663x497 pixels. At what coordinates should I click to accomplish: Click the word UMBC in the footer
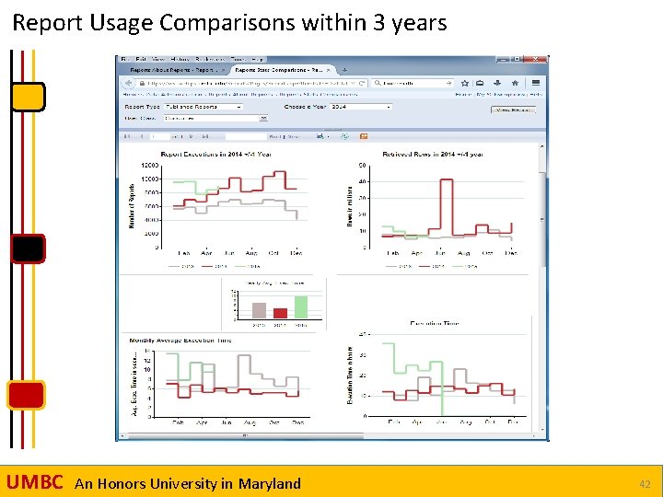click(34, 482)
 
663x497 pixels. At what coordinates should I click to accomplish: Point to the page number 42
click(645, 483)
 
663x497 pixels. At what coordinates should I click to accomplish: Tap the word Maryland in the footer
click(269, 483)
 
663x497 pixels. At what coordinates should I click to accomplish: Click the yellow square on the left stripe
click(29, 96)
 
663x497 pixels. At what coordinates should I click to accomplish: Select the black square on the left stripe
click(29, 248)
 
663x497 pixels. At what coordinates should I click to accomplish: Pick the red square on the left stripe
click(26, 394)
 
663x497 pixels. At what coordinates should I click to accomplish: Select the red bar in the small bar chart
click(280, 313)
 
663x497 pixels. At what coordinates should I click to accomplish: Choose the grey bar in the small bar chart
click(260, 310)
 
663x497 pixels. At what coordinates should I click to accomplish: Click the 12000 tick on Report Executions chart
click(149, 167)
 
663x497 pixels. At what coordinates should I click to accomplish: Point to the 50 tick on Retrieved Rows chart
click(362, 166)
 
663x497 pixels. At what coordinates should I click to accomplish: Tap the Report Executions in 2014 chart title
click(215, 154)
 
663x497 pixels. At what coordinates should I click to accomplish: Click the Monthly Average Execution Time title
click(180, 341)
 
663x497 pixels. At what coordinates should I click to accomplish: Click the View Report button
click(515, 110)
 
